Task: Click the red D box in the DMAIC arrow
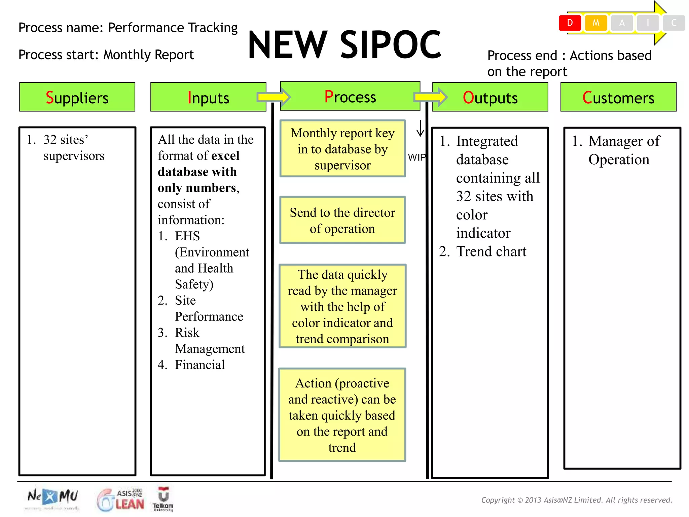570,23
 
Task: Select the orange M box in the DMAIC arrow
595,23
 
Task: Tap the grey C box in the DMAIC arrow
674,23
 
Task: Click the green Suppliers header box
77,97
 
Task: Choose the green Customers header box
618,97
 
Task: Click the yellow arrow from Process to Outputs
430,97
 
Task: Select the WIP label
416,157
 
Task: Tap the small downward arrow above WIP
420,129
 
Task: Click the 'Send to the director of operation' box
342,220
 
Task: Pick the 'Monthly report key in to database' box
342,149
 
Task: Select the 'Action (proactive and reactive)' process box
342,415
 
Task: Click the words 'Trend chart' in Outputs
491,251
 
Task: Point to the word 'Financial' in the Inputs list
200,365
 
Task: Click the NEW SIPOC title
344,45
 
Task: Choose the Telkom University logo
163,499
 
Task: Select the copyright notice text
576,500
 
